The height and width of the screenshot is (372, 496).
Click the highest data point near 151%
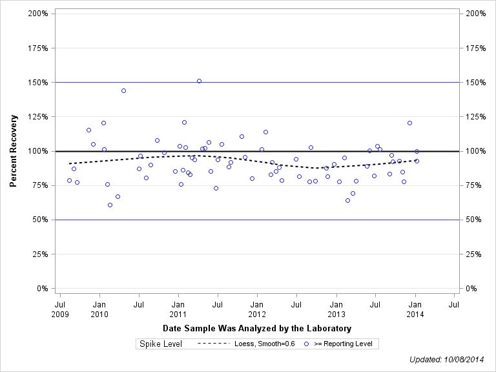(x=199, y=81)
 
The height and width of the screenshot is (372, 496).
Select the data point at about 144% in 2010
(x=123, y=90)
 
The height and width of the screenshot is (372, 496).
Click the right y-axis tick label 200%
(x=475, y=14)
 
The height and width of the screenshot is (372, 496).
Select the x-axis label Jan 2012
(x=257, y=309)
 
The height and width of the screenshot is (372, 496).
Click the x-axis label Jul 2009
(x=60, y=309)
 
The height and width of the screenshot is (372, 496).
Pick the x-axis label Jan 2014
(x=415, y=309)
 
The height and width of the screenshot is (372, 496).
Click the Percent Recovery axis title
(x=14, y=151)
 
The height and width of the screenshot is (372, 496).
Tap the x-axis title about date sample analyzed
(x=257, y=329)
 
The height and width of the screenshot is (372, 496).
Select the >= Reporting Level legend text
(x=343, y=344)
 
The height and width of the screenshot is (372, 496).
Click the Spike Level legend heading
(x=161, y=344)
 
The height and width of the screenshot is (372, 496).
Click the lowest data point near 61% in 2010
(x=110, y=205)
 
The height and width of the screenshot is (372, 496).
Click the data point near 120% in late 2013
(x=409, y=123)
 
